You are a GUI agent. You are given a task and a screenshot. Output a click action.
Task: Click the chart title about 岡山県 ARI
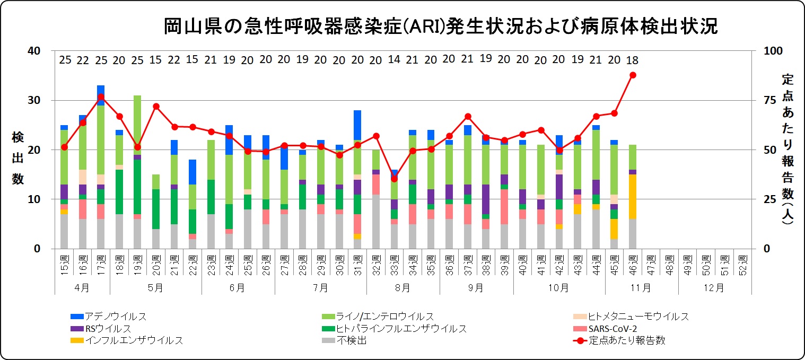pyautogui.click(x=440, y=25)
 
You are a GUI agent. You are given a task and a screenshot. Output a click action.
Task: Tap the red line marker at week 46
pyautogui.click(x=632, y=75)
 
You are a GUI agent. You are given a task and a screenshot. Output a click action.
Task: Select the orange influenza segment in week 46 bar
pyautogui.click(x=632, y=197)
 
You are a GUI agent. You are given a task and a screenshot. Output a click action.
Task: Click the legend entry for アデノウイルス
pyautogui.click(x=108, y=317)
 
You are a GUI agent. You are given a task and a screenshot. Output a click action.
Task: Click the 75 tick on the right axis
pyautogui.click(x=769, y=100)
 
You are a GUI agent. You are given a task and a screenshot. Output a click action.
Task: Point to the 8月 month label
pyautogui.click(x=402, y=287)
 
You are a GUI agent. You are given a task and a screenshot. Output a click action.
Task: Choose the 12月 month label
pyautogui.click(x=714, y=287)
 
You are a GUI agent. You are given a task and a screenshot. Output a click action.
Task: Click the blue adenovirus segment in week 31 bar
pyautogui.click(x=357, y=125)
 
